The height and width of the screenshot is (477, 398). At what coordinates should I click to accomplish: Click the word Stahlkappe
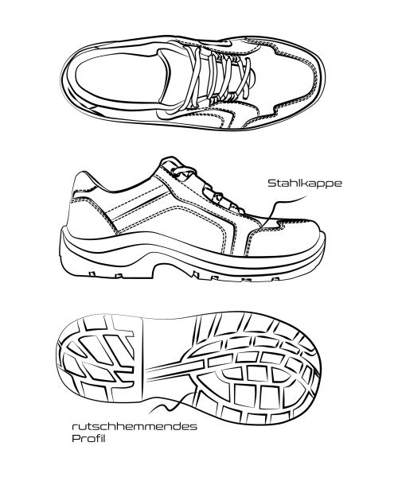coord(305,184)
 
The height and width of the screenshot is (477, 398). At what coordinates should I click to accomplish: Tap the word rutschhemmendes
coord(135,426)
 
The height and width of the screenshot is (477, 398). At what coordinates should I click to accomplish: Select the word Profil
coord(88,438)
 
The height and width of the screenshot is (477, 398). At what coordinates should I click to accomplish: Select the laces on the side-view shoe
coord(207,188)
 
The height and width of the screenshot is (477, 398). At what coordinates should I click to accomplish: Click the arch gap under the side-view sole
coord(170,272)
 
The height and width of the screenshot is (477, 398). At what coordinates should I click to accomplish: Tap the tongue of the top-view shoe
coord(175,78)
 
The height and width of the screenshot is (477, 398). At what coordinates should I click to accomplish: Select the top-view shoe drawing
coord(193,83)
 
